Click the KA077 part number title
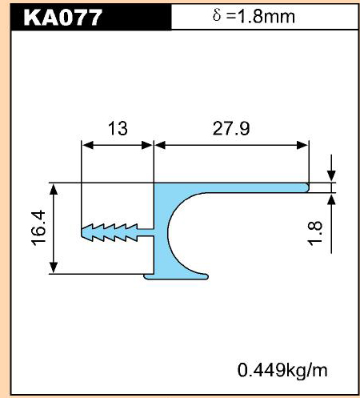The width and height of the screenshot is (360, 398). coord(63,18)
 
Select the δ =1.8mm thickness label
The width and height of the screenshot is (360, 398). coord(254,17)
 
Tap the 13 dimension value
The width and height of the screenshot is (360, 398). coord(118,128)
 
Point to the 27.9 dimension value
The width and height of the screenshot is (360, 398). coord(231,128)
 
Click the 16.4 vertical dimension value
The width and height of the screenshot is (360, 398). coord(39,227)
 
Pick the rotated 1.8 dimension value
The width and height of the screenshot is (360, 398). coord(315,233)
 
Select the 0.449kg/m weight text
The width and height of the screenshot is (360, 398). coord(282,371)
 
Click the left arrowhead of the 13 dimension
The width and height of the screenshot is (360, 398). coord(87,145)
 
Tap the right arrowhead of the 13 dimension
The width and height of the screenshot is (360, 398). coord(147,145)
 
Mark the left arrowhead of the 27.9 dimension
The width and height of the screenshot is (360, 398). coord(160,145)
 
